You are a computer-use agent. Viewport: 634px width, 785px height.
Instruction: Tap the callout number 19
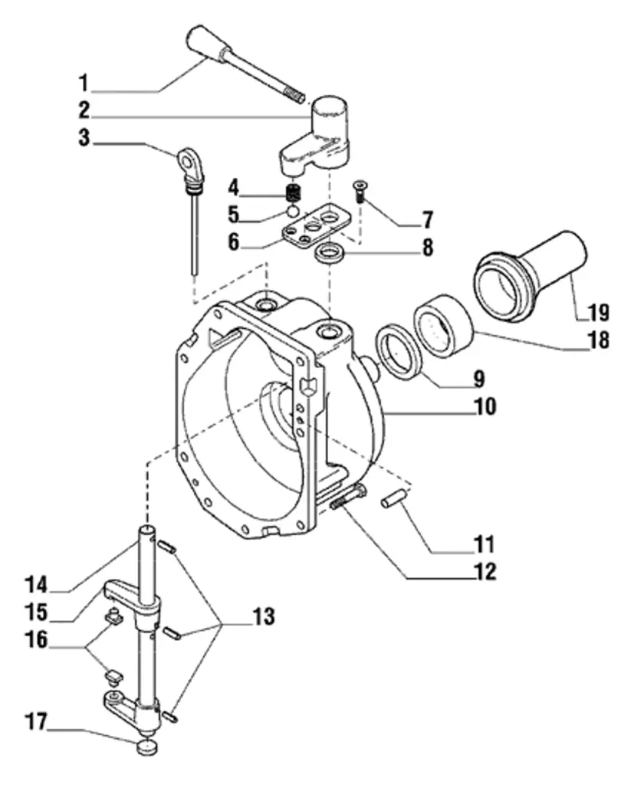pyautogui.click(x=598, y=312)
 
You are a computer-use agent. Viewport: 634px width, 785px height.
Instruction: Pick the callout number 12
pyautogui.click(x=484, y=571)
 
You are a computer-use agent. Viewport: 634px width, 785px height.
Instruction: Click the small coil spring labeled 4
pyautogui.click(x=291, y=192)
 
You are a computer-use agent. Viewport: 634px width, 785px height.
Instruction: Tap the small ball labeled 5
pyautogui.click(x=291, y=211)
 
